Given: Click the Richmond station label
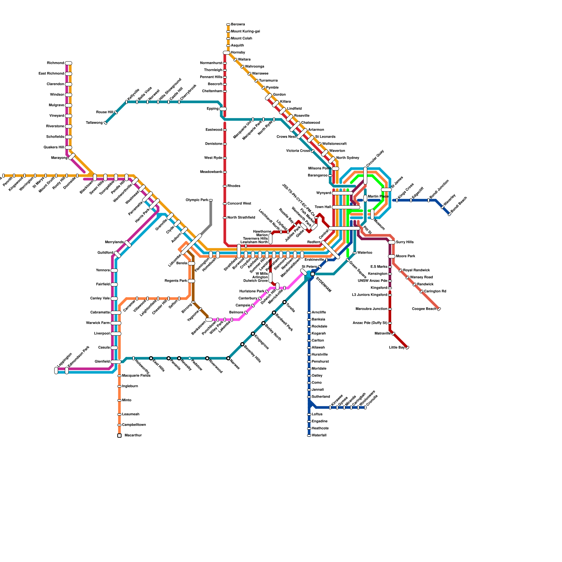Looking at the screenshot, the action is pyautogui.click(x=55, y=63).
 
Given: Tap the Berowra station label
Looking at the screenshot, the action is pyautogui.click(x=238, y=25).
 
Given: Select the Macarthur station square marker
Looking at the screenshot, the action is pyautogui.click(x=119, y=436).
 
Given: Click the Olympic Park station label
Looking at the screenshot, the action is pyautogui.click(x=197, y=200).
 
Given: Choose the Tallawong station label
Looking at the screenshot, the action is pyautogui.click(x=94, y=123).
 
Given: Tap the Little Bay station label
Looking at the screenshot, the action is pyautogui.click(x=397, y=348).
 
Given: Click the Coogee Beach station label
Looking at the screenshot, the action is pyautogui.click(x=424, y=309).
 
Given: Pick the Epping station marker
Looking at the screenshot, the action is pyautogui.click(x=223, y=109).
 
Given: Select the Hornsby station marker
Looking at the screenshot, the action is pyautogui.click(x=227, y=53).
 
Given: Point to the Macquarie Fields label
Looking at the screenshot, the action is pyautogui.click(x=136, y=376).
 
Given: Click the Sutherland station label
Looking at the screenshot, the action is pyautogui.click(x=321, y=397).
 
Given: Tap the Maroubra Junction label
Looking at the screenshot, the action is pyautogui.click(x=371, y=309).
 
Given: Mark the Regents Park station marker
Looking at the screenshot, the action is pyautogui.click(x=191, y=281).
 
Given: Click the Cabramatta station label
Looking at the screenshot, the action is pyautogui.click(x=100, y=313).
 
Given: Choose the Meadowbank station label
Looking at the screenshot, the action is pyautogui.click(x=211, y=172).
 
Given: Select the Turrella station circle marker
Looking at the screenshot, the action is pyautogui.click(x=285, y=302).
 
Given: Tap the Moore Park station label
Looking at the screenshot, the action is pyautogui.click(x=406, y=256).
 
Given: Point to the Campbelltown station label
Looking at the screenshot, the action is pyautogui.click(x=134, y=425).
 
